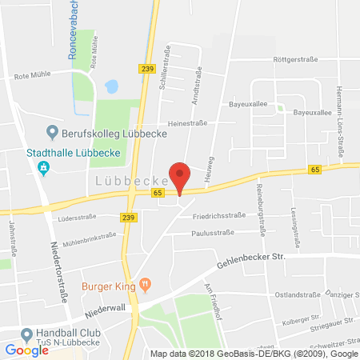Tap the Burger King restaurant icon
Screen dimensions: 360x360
pyautogui.click(x=145, y=282)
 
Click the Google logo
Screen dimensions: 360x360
pyautogui.click(x=26, y=350)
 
